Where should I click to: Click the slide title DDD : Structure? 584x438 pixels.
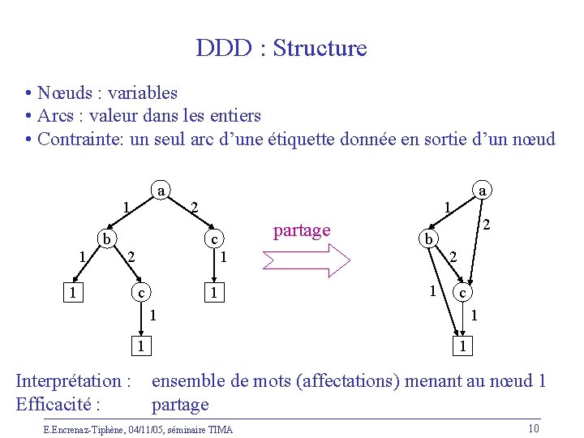point(281,49)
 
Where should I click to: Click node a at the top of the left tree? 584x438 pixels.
point(161,191)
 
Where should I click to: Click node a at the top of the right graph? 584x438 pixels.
point(483,191)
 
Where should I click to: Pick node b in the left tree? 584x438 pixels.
point(105,239)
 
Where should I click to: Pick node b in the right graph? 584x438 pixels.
point(425,239)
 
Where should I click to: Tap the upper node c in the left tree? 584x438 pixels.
point(213,239)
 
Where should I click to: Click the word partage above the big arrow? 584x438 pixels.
point(302,230)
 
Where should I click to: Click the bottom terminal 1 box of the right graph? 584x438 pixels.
point(462,346)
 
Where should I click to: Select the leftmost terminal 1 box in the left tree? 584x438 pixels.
point(73,291)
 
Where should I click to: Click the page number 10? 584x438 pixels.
point(533,428)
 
